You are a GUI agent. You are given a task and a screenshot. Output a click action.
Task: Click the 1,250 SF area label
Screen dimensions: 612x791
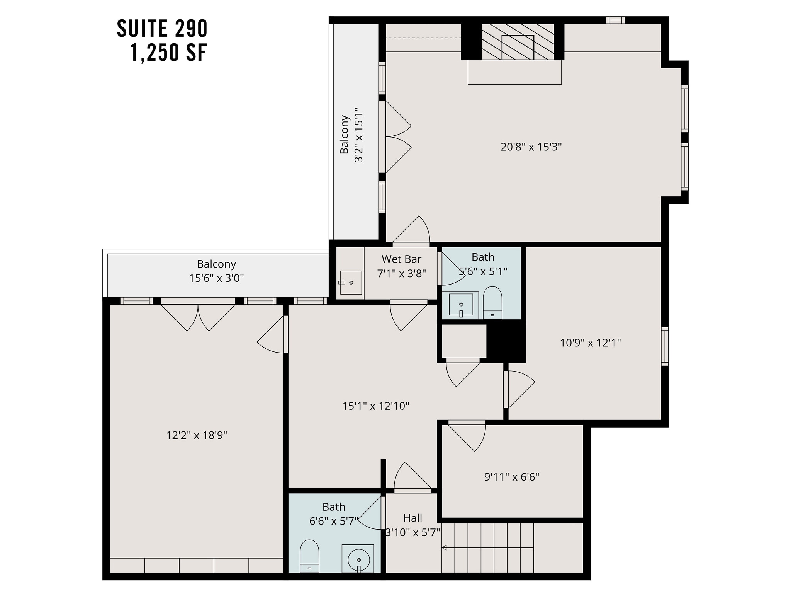(169, 53)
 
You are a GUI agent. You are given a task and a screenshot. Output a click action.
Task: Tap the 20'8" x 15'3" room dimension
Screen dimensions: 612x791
(531, 147)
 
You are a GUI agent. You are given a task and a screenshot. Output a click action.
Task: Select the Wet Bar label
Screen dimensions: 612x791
(401, 259)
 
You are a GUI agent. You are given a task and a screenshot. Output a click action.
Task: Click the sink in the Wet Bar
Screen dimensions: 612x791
(351, 283)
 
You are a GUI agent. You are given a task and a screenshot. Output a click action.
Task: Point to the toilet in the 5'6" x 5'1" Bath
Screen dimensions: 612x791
(492, 303)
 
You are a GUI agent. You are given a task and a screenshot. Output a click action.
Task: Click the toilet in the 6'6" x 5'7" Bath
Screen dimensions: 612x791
(309, 556)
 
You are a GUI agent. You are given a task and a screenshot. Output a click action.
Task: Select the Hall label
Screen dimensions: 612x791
(412, 518)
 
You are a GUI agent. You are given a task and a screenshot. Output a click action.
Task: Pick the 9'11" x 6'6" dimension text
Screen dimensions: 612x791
(511, 477)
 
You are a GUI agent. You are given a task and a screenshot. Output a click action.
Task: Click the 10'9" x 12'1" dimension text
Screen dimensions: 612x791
(590, 343)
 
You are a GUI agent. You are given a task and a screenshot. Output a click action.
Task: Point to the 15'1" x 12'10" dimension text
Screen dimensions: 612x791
(375, 406)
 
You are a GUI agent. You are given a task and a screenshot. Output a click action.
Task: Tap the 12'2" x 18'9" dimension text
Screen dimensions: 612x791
(196, 436)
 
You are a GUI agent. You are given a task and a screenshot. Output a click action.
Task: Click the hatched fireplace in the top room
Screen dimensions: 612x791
(518, 42)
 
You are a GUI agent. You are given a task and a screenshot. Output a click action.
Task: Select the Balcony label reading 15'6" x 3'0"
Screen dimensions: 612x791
(216, 271)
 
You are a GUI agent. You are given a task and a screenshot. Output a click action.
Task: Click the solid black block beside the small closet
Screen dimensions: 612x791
(505, 342)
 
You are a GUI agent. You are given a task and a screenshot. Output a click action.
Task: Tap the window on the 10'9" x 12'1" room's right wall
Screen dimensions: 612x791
(665, 346)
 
